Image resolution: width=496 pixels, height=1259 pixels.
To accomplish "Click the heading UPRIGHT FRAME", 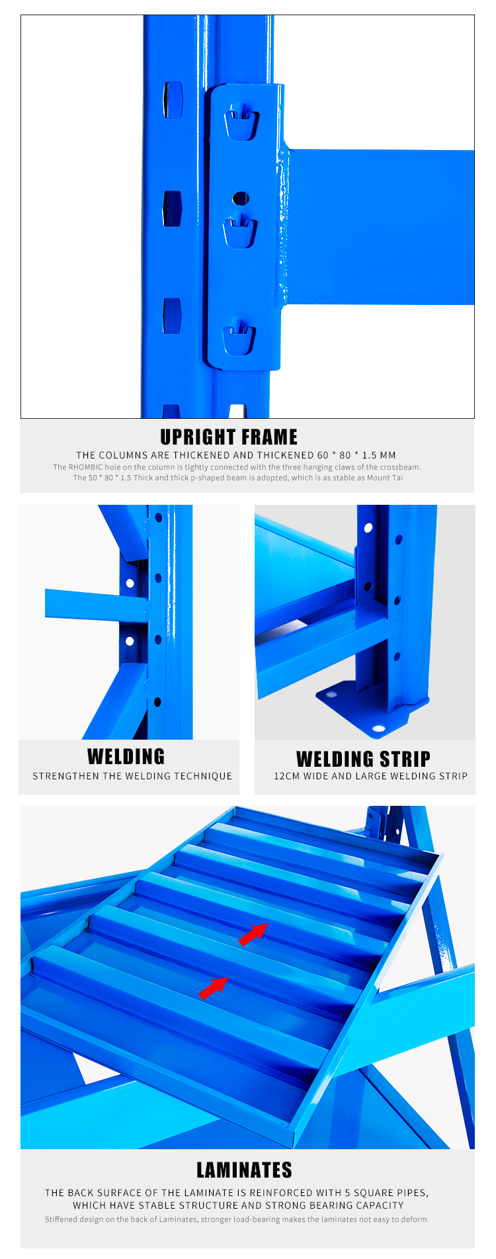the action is (229, 437).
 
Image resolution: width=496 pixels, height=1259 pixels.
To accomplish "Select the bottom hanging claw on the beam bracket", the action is (239, 337).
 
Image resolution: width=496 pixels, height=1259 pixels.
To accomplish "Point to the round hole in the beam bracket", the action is (241, 198).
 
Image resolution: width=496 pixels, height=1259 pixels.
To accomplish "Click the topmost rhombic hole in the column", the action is (173, 100).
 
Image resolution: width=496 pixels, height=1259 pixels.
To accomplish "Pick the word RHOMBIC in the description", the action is (85, 467).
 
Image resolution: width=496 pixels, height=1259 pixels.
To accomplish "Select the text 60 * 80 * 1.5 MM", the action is (356, 455).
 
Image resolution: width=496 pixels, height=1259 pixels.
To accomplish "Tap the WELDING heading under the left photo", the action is (126, 756).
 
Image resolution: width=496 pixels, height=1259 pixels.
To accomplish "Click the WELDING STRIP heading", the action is (363, 759).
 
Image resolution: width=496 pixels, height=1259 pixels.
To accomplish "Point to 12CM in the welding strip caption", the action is (287, 776).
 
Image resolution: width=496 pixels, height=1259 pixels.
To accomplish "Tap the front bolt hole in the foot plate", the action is (379, 728).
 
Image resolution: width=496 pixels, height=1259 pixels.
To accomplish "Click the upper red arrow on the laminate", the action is (253, 933).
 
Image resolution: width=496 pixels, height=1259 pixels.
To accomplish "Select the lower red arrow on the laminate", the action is (214, 987).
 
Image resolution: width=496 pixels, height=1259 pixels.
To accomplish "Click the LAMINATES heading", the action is (244, 1170).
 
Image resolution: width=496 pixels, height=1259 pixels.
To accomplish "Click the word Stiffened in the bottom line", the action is (61, 1219).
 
